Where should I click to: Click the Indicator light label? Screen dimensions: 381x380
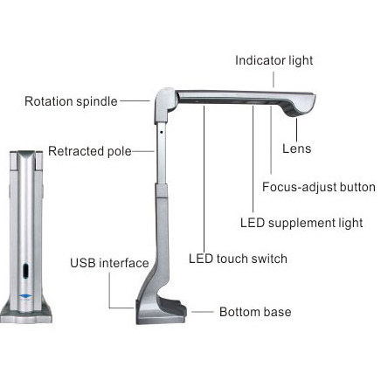[274, 60]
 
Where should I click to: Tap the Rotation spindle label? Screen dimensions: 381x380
[71, 101]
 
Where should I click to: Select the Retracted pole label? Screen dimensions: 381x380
[90, 151]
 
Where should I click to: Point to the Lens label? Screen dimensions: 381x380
[297, 149]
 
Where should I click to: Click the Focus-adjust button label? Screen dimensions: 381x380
[319, 187]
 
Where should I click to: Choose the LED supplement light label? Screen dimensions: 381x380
[301, 223]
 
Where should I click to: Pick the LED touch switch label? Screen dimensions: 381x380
[238, 259]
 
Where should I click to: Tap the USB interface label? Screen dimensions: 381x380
[109, 263]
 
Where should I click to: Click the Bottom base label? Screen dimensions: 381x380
[255, 312]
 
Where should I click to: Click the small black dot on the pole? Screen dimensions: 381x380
[161, 132]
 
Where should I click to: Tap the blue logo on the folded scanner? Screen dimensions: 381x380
[26, 296]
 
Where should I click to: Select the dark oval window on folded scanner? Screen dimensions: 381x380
[26, 271]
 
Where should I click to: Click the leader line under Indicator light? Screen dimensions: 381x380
[274, 79]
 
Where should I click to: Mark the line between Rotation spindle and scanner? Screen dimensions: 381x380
[135, 101]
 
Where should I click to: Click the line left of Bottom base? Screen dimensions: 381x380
[203, 312]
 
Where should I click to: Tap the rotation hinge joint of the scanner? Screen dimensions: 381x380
[164, 105]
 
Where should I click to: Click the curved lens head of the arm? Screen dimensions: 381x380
[300, 106]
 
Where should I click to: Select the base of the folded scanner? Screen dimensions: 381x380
[26, 314]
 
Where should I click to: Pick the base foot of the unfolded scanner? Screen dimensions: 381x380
[161, 312]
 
